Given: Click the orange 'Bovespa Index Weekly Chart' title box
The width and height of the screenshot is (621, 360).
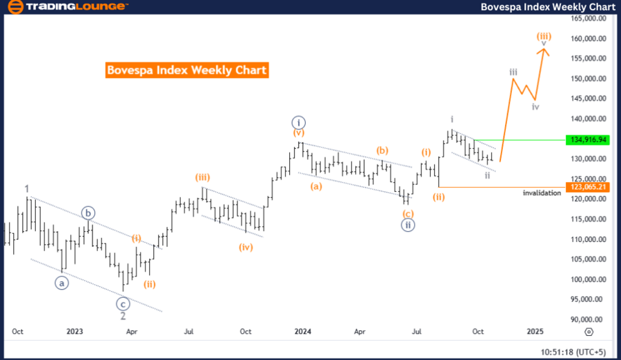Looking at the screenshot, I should pyautogui.click(x=187, y=70).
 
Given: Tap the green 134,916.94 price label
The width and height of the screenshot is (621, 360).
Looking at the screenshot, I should pyautogui.click(x=589, y=139).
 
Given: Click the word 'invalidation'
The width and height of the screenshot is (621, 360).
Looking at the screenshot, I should pyautogui.click(x=542, y=193).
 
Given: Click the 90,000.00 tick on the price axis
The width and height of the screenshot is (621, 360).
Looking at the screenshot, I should pyautogui.click(x=589, y=319).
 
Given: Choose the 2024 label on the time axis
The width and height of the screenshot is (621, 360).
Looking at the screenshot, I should pyautogui.click(x=302, y=332).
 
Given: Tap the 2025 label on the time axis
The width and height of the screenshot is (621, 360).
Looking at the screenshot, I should pyautogui.click(x=535, y=332).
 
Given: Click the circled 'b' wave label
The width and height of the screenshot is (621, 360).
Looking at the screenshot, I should pyautogui.click(x=88, y=213).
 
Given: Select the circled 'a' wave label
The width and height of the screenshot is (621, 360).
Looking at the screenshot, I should pyautogui.click(x=62, y=282).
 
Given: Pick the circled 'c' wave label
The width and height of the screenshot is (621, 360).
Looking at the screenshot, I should pyautogui.click(x=123, y=303).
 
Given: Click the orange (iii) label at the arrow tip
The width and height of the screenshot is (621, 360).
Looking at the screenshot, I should pyautogui.click(x=544, y=36).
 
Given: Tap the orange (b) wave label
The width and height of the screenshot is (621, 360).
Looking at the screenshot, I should pyautogui.click(x=382, y=150).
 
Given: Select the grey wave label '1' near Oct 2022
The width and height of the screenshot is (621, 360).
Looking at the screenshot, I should pyautogui.click(x=26, y=188).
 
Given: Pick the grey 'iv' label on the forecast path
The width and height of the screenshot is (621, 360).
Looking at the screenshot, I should pyautogui.click(x=535, y=107).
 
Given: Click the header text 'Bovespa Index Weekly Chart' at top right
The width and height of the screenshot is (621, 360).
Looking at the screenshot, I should pyautogui.click(x=549, y=7).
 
